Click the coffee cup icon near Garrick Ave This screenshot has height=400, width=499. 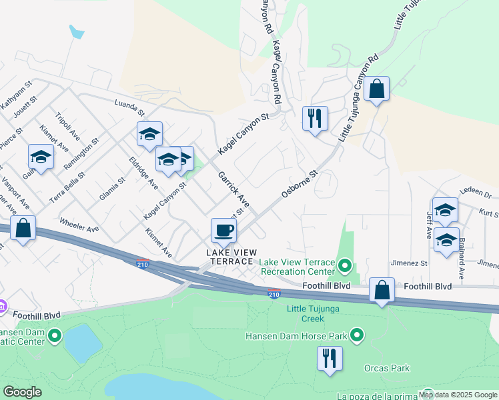pos(223,231)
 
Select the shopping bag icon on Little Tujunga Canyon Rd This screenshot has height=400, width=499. pos(376,89)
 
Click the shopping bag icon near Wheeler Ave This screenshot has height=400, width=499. pos(23,228)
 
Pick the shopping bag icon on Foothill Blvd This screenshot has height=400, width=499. pos(382,290)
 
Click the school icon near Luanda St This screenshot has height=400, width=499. pos(149,134)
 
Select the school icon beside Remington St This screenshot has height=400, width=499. pos(41,157)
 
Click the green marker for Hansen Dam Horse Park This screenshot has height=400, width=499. pos(358,335)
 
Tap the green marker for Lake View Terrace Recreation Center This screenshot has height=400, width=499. pos(345,267)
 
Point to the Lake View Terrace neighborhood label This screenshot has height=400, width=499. pos(230,257)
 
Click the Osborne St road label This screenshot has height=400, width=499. pos(302,182)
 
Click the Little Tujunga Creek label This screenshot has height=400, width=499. pos(316,313)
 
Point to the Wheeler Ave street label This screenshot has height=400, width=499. pos(79,224)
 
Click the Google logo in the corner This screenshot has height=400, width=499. pos(22,392)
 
